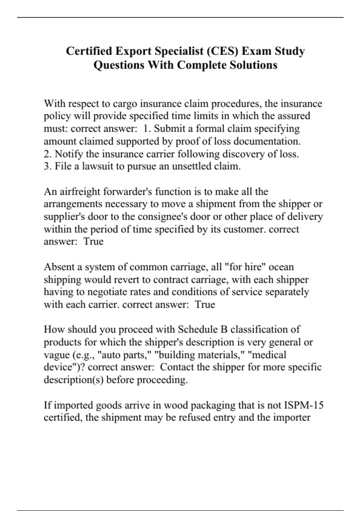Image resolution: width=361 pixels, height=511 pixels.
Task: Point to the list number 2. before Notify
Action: pos(48,154)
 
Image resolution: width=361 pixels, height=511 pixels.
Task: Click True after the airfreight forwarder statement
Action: pos(93,242)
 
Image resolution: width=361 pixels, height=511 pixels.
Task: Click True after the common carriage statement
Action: pos(205,304)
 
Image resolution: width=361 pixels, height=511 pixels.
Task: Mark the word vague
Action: pos(57,355)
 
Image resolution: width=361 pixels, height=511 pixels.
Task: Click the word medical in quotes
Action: pos(267,355)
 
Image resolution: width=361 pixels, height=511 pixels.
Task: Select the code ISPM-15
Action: pos(304,405)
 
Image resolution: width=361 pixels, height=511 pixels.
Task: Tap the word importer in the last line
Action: pos(292,418)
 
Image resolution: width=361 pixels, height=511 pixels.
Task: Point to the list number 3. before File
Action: pos(48,166)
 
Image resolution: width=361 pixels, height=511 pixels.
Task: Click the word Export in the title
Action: pos(133,51)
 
